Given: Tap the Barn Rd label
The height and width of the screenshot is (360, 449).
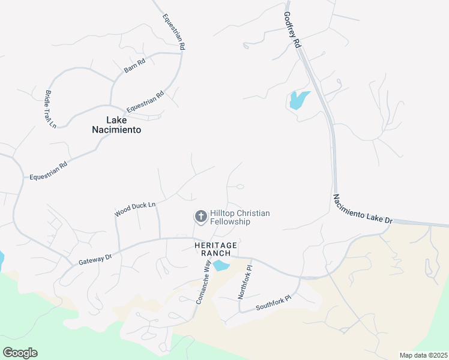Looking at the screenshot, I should pos(134,66).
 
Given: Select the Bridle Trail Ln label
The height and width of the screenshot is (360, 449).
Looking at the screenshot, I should pos(50,109).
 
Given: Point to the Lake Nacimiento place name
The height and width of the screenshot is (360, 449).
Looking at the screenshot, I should pos(116,124).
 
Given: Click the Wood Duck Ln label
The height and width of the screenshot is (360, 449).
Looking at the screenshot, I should pos(135,209).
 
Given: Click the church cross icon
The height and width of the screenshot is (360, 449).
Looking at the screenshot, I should pos(200,216).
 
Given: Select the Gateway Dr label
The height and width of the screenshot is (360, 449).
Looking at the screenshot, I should pos(95,259).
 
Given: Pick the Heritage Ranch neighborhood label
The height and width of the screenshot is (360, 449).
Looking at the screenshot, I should pos(215,250).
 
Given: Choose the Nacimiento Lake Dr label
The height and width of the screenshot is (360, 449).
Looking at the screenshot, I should pos(362,209).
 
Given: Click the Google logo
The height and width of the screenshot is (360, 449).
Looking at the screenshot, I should pos(20,353).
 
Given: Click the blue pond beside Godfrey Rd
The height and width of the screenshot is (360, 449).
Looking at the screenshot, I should pos(298,100).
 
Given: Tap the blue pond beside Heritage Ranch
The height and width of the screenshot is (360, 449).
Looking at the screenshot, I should pos(221,265).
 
